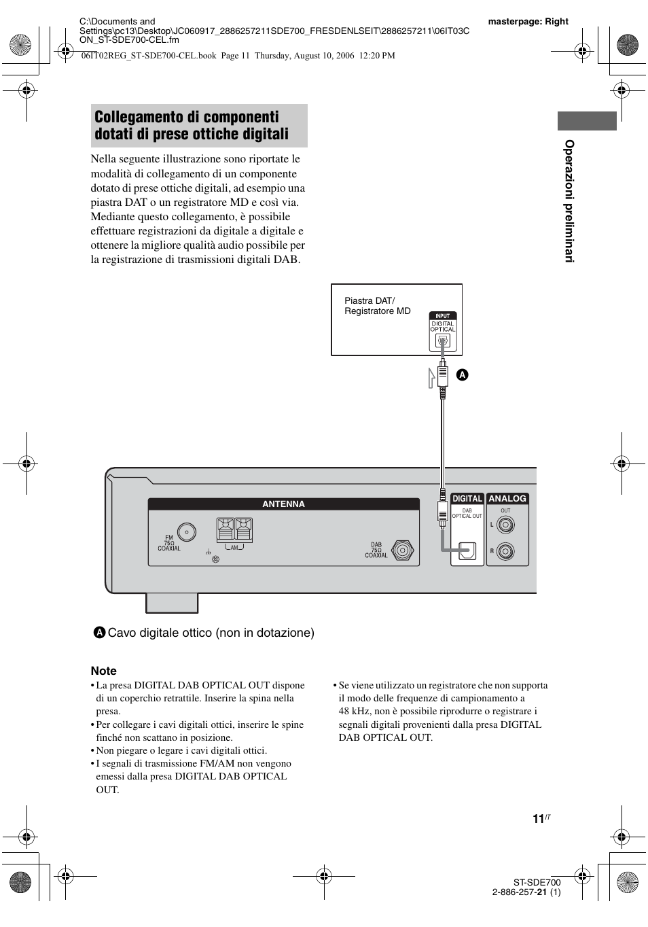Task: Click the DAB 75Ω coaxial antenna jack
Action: pyautogui.click(x=402, y=550)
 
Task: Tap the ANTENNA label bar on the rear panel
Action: pyautogui.click(x=283, y=504)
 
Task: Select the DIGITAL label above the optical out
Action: pyautogui.click(x=467, y=499)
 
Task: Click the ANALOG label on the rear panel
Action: pyautogui.click(x=507, y=499)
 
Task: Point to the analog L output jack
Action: pyautogui.click(x=505, y=525)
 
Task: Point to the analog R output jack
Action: pyautogui.click(x=505, y=551)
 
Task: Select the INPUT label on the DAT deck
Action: pyautogui.click(x=442, y=316)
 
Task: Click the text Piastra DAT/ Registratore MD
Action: pyautogui.click(x=377, y=306)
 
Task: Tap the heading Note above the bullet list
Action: pyautogui.click(x=103, y=671)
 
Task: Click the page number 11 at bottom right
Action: pyautogui.click(x=538, y=819)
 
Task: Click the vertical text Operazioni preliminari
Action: pyautogui.click(x=569, y=201)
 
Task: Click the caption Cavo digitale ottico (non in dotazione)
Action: pyautogui.click(x=211, y=633)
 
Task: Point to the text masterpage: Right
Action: pyautogui.click(x=528, y=21)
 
